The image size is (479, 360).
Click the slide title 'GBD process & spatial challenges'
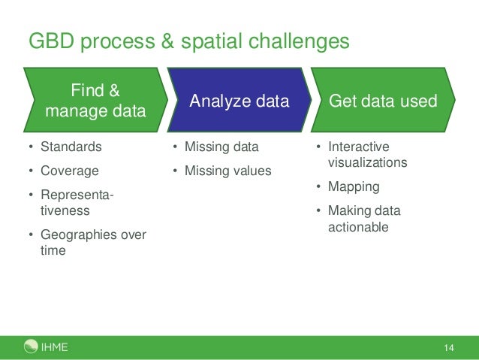(x=188, y=41)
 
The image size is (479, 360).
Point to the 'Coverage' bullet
(x=69, y=171)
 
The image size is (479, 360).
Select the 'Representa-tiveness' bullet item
(x=76, y=203)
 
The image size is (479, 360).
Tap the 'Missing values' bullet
(x=227, y=171)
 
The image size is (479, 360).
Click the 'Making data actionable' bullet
(x=363, y=219)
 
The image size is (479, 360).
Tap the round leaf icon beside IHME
(x=31, y=346)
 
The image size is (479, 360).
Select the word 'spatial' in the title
(x=206, y=41)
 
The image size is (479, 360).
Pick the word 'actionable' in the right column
(x=358, y=226)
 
